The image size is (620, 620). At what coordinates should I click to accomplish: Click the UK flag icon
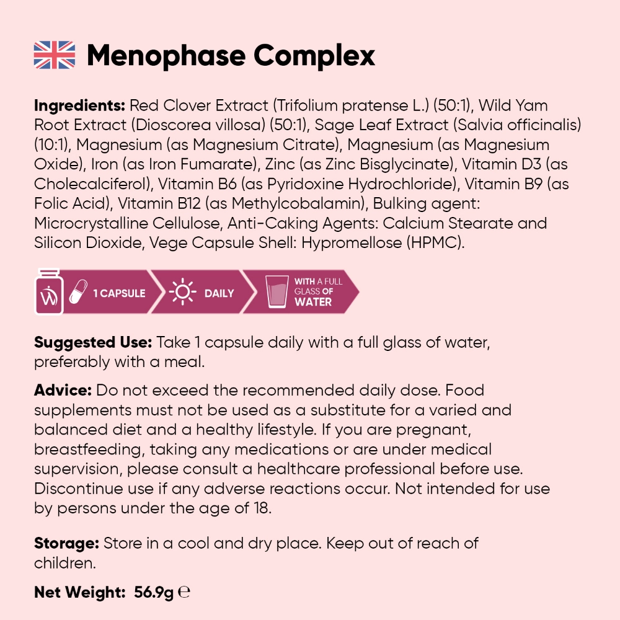coord(54,55)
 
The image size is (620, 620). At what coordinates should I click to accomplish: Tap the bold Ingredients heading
coord(79,105)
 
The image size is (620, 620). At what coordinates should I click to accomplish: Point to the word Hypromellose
coord(351,243)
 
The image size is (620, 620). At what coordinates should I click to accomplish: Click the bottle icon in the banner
coord(48,291)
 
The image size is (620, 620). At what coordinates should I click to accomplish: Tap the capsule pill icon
coord(78,292)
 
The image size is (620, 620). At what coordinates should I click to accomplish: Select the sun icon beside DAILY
coord(183,292)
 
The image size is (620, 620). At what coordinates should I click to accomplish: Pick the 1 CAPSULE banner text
coord(120,293)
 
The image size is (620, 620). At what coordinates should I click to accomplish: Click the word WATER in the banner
coord(313,303)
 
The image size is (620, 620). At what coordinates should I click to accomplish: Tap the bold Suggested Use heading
coord(93,342)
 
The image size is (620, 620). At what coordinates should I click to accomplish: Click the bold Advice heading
coord(63,391)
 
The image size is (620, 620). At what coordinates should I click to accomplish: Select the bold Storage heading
coord(66,544)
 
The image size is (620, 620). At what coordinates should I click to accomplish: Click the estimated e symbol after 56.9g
coord(184,592)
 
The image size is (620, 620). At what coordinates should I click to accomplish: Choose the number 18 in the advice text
coord(262,508)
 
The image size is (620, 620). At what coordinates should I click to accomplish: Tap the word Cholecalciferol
coord(92,184)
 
